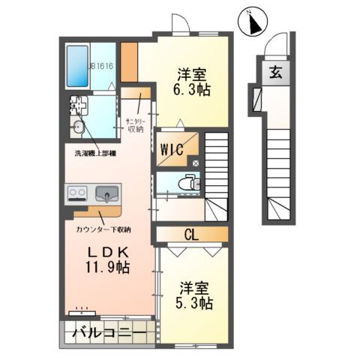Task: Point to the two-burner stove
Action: (77, 194)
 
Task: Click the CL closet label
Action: (191, 235)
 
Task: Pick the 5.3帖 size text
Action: (195, 304)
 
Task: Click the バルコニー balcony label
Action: (109, 331)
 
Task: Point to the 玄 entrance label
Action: (275, 73)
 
